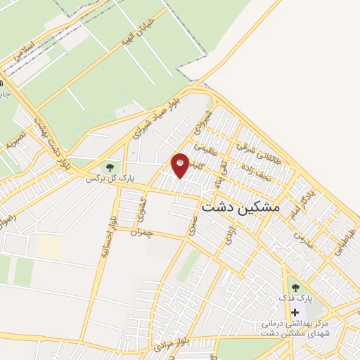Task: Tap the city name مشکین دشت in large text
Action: pos(240,208)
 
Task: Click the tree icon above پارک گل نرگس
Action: pos(109,167)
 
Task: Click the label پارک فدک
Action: pos(295,300)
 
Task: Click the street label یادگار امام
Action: pos(301,194)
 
